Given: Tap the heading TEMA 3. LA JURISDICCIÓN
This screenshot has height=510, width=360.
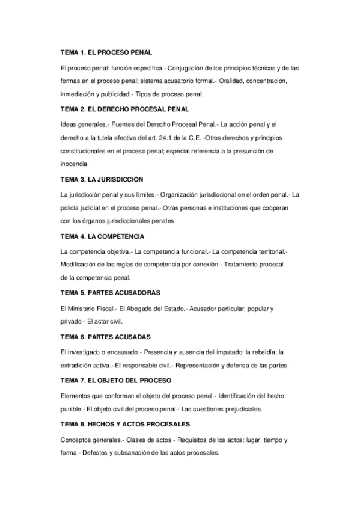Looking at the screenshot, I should pos(102,179).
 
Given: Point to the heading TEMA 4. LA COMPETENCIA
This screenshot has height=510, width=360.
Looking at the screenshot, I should pos(102,236).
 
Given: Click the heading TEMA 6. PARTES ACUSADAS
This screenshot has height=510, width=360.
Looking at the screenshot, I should pos(105,336).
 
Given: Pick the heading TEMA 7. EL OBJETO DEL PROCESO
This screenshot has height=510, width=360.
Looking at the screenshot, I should pos(116,381).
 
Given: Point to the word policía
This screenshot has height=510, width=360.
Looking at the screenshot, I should pos(71,207).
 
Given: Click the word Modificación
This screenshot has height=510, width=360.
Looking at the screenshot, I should pos(80,264).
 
